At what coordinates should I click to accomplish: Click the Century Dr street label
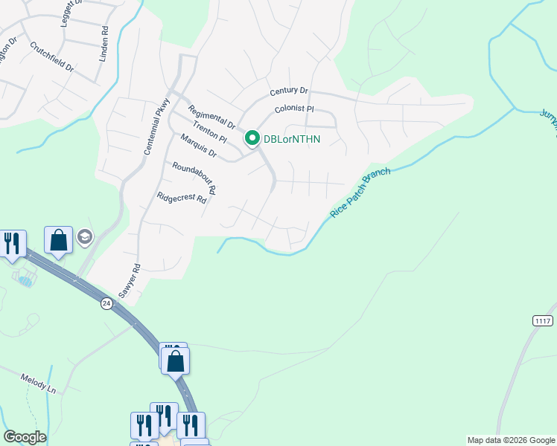[x=288, y=91]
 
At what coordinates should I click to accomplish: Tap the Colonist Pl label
[x=294, y=109]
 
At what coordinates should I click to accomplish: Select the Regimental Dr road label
[x=211, y=116]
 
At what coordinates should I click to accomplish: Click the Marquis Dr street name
[x=197, y=146]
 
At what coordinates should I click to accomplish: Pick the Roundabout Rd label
[x=193, y=178]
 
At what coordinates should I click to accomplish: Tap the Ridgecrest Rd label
[x=181, y=198]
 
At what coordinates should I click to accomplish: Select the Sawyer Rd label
[x=129, y=281]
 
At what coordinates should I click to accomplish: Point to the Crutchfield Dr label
[x=52, y=56]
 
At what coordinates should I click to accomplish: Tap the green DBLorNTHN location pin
[x=252, y=138]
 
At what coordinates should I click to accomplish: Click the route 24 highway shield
[x=106, y=303]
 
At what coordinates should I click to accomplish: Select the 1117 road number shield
[x=544, y=320]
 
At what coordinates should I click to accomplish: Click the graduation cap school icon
[x=85, y=237]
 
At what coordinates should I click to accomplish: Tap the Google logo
[x=25, y=437]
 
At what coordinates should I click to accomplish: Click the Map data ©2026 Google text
[x=510, y=440]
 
